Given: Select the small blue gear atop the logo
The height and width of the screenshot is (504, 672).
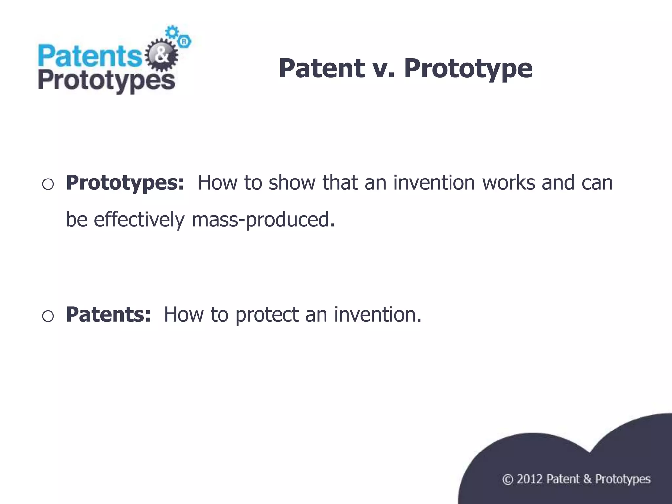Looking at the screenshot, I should (x=172, y=32).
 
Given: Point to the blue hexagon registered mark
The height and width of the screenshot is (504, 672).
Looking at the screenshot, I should (x=184, y=42).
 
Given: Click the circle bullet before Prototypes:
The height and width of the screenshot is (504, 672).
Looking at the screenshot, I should (x=48, y=184).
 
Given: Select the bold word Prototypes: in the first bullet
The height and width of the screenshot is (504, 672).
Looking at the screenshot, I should (x=125, y=183).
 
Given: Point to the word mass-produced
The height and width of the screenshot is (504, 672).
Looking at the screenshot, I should (x=263, y=220).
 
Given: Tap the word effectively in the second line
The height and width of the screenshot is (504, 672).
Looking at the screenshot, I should (x=139, y=220).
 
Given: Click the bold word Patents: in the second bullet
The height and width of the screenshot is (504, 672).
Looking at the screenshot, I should (x=108, y=314).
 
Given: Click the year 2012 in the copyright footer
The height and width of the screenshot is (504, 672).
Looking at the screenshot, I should (x=529, y=479).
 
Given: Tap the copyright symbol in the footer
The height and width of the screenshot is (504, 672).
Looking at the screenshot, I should (x=507, y=480).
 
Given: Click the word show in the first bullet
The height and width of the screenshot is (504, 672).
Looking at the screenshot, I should (x=292, y=182).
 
